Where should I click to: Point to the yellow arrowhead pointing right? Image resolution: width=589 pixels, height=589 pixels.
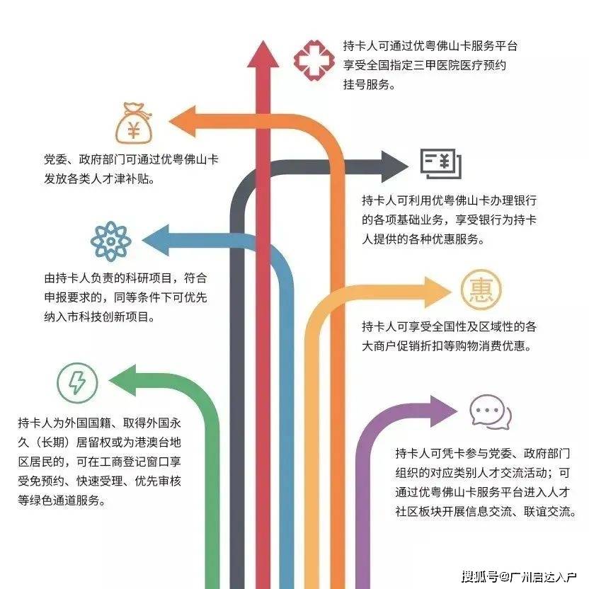pos(433,291)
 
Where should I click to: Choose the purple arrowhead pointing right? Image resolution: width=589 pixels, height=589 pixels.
pos(440,410)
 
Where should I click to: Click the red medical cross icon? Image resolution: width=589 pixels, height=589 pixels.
pos(312,62)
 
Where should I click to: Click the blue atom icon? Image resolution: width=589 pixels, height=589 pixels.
pos(111,240)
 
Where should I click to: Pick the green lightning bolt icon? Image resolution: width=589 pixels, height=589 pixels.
pos(76,383)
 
